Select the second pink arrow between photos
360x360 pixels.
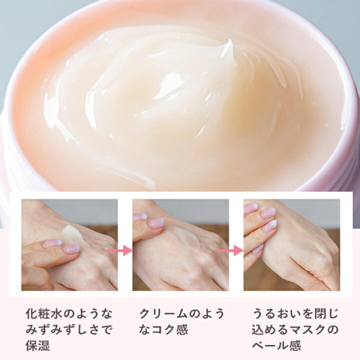pos(230,250)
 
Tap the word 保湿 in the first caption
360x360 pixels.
pos(37,345)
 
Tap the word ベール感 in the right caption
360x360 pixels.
pos(276,345)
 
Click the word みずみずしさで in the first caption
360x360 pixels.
pos(68,329)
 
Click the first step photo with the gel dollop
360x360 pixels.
pos(69,244)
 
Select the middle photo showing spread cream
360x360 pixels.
pos(180,244)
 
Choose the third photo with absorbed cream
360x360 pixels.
pos(291,244)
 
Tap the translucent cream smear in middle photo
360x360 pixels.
pos(181,241)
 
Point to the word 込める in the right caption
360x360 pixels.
pos(269,329)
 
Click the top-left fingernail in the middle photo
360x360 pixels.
pos(140,217)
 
